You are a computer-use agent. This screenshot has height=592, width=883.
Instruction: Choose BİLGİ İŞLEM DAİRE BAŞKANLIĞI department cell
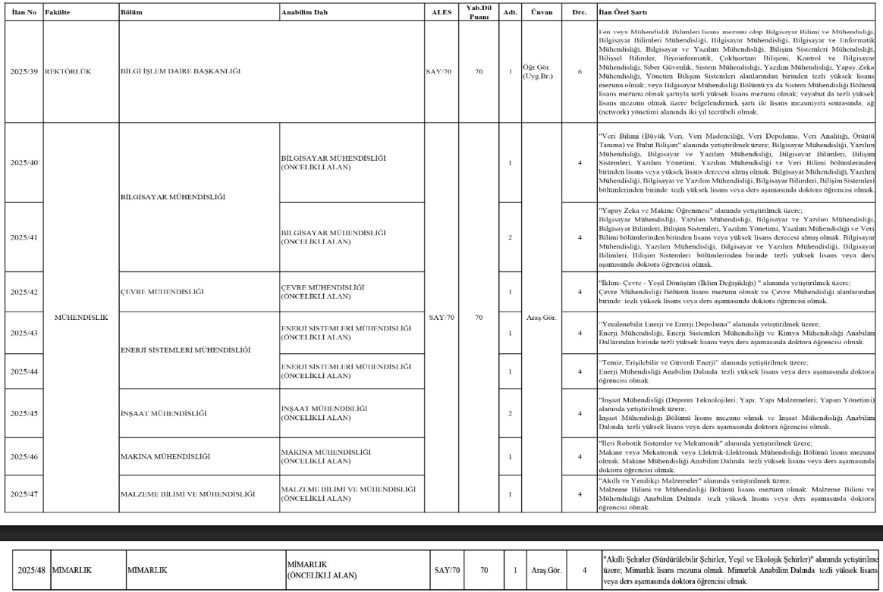[181, 72]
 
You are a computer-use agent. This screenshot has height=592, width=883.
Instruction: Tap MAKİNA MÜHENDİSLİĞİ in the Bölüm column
[165, 456]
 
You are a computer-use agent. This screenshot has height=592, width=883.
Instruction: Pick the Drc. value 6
[580, 72]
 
